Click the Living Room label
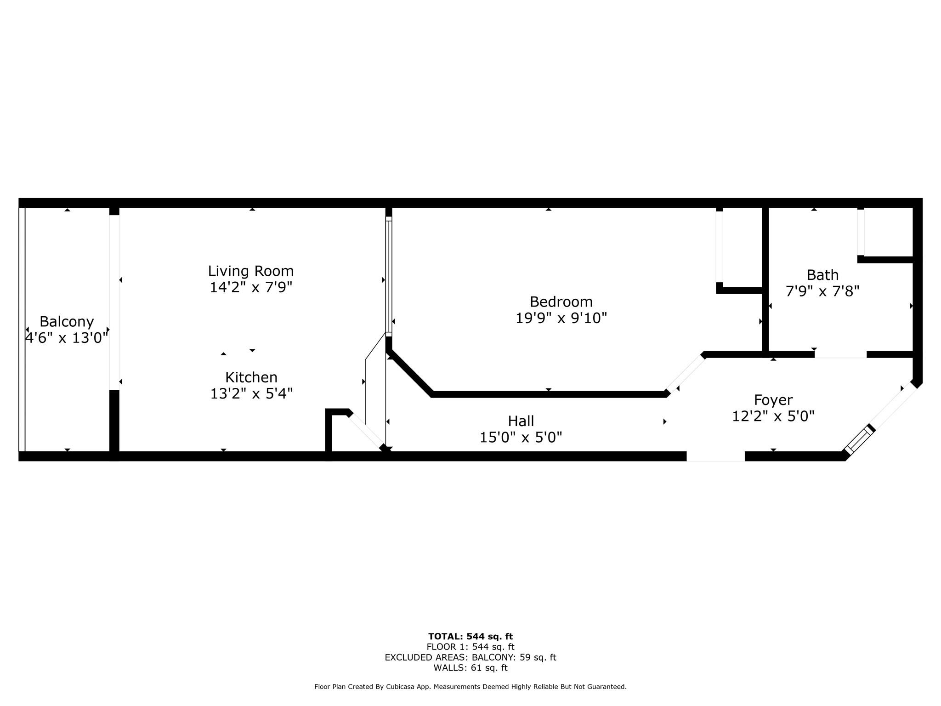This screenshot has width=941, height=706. [251, 271]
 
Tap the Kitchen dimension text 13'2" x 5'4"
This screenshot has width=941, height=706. [251, 394]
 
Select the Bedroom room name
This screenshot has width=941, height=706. [561, 302]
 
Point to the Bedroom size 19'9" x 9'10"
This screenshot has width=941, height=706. [561, 318]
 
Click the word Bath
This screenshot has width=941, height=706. [822, 275]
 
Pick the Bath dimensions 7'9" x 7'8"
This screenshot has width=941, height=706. [822, 291]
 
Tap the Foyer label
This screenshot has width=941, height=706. [773, 400]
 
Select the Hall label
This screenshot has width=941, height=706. [521, 421]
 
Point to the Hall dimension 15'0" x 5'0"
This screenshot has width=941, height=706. [521, 437]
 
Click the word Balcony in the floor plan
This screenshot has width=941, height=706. [67, 322]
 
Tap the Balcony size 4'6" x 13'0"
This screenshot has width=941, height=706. [67, 338]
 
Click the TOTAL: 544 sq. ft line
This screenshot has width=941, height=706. [470, 637]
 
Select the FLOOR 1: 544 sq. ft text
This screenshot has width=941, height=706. [470, 647]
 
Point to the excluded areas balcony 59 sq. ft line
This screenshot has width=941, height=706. [470, 658]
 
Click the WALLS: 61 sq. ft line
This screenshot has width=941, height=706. [470, 668]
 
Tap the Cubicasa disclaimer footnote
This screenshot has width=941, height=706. [470, 687]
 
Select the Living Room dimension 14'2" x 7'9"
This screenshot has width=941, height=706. [251, 287]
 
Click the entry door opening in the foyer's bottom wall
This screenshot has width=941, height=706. [715, 456]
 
